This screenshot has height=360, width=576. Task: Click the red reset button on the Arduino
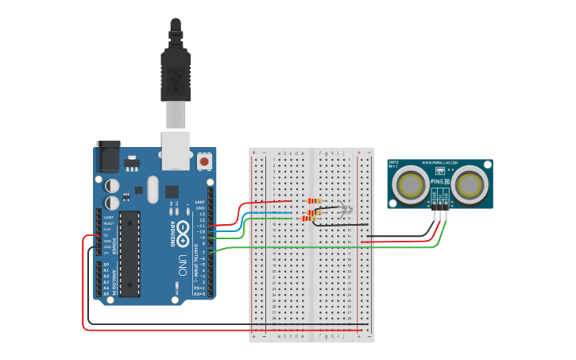pyautogui.click(x=204, y=161)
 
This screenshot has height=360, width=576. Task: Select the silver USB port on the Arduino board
pyautogui.click(x=176, y=150)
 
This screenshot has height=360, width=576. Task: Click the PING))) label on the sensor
pyautogui.click(x=439, y=182)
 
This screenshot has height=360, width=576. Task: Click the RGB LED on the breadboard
pyautogui.click(x=343, y=211)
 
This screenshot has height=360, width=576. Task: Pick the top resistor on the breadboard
pyautogui.click(x=315, y=202)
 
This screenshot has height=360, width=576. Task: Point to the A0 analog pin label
pyautogui.click(x=106, y=265)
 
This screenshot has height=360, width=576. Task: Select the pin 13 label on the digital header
pyautogui.click(x=202, y=214)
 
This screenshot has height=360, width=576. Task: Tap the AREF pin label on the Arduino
pyautogui.click(x=200, y=203)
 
